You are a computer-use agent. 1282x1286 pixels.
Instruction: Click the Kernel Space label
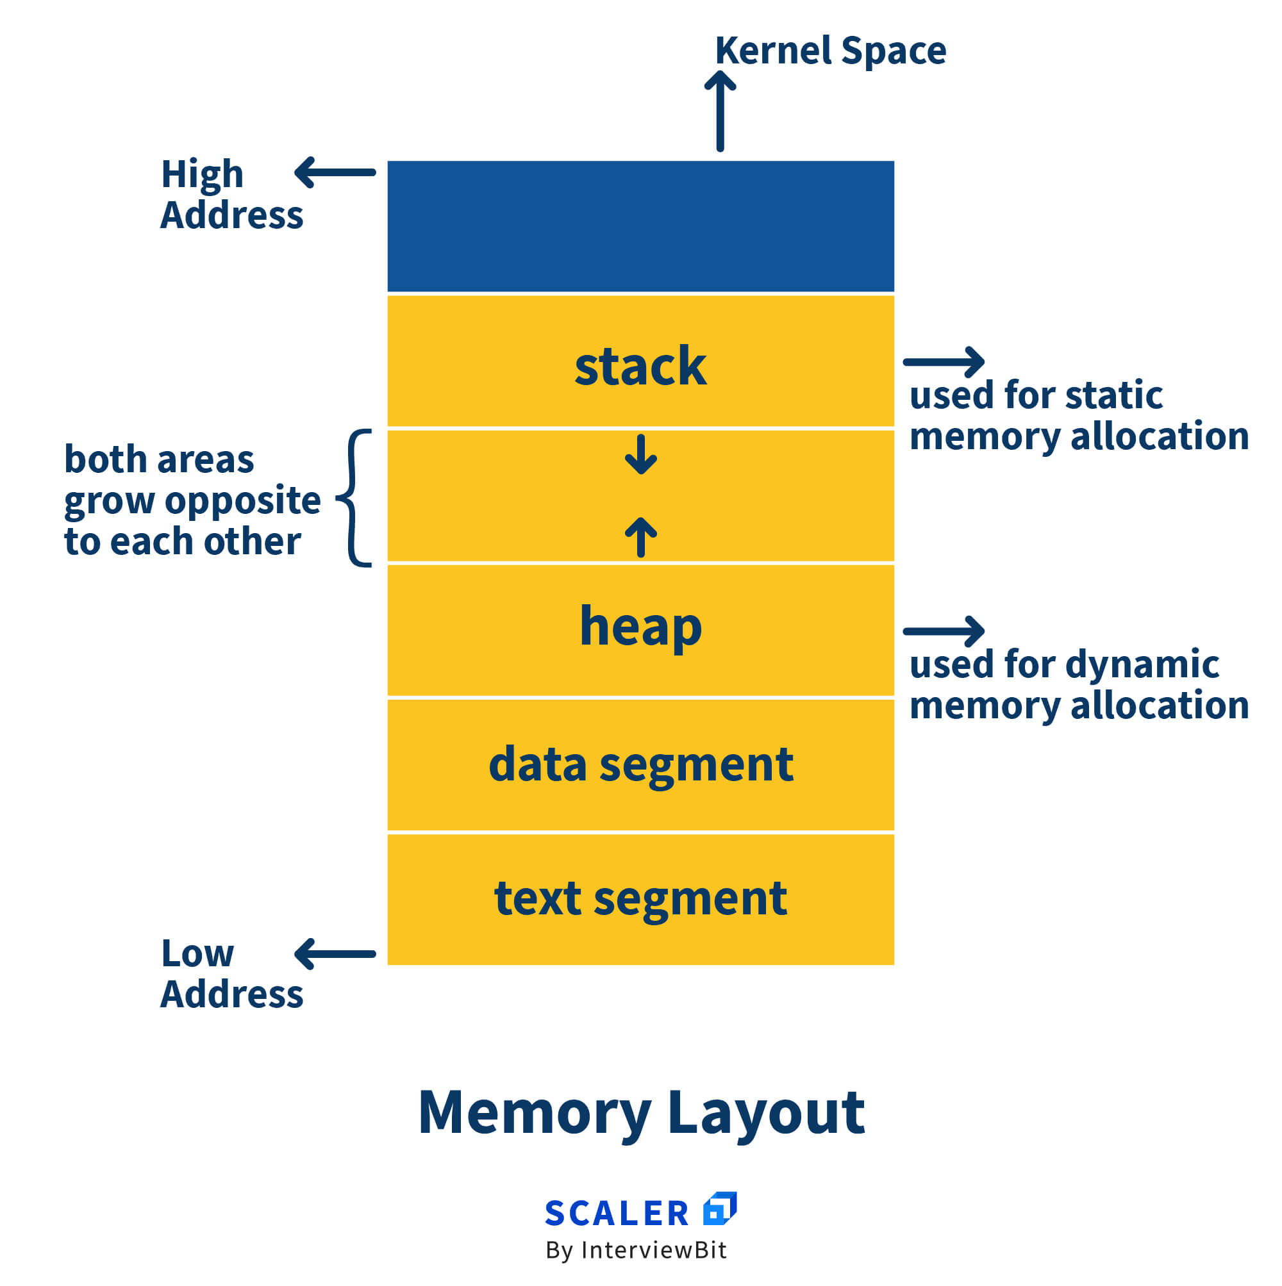[x=830, y=51]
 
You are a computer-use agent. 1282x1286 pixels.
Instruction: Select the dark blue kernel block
[x=640, y=226]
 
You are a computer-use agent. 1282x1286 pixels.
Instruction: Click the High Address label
[x=231, y=194]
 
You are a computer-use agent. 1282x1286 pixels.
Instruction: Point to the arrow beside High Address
[x=335, y=172]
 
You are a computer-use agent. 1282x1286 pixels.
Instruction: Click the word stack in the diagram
[x=640, y=367]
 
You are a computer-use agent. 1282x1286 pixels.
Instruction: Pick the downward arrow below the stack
[x=640, y=455]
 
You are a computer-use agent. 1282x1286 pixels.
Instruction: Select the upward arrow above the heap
[x=640, y=536]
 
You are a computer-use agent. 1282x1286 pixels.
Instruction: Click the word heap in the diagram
[x=640, y=627]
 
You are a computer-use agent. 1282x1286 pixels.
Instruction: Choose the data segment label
[x=640, y=764]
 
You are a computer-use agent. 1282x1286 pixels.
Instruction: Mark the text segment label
[x=640, y=898]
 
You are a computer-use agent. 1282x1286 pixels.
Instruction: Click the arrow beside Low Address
[x=335, y=954]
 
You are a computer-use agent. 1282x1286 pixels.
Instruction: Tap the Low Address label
[x=231, y=974]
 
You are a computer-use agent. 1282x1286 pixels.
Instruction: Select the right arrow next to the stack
[x=944, y=362]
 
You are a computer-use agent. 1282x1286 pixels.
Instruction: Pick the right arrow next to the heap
[x=944, y=631]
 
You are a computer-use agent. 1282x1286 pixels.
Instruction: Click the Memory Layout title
[x=640, y=1112]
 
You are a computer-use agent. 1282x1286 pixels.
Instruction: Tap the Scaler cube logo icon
[x=719, y=1208]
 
